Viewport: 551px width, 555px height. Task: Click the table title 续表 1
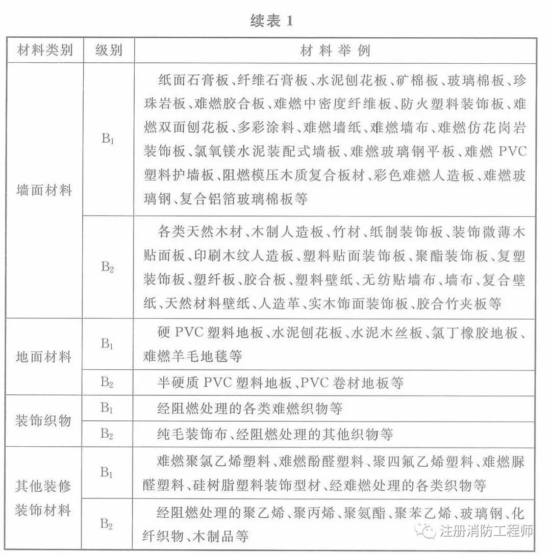[x=272, y=21]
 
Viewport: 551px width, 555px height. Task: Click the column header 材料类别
[x=45, y=51]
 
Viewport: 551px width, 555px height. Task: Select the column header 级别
[x=108, y=51]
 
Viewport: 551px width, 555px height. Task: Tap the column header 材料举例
[x=335, y=51]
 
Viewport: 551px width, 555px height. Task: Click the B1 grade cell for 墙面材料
[x=107, y=139]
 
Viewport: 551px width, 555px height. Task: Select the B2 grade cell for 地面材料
[x=107, y=382]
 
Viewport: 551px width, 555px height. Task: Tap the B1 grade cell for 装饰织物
[x=107, y=408]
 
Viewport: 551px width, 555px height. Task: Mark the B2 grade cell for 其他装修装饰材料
[x=107, y=524]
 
